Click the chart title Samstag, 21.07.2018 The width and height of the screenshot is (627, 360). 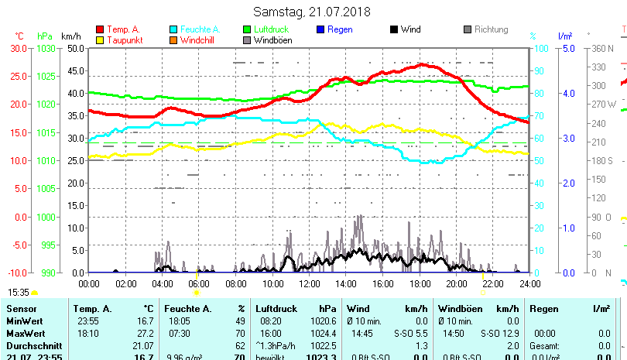pos(312,12)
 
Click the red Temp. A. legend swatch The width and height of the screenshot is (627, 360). pos(100,29)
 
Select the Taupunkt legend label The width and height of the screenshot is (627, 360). pos(125,40)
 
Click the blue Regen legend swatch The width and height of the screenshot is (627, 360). pos(321,29)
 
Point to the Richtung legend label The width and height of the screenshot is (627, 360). pos(491,29)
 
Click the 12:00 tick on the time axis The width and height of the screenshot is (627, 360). pos(308,284)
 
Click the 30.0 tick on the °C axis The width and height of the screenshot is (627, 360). pos(18,48)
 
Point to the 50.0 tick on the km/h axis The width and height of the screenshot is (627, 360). pos(75,48)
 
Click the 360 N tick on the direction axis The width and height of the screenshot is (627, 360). pos(601,48)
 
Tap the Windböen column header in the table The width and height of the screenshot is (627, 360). pos(460,308)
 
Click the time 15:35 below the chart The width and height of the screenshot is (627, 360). pos(19,293)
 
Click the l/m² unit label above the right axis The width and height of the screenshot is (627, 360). pos(565,36)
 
